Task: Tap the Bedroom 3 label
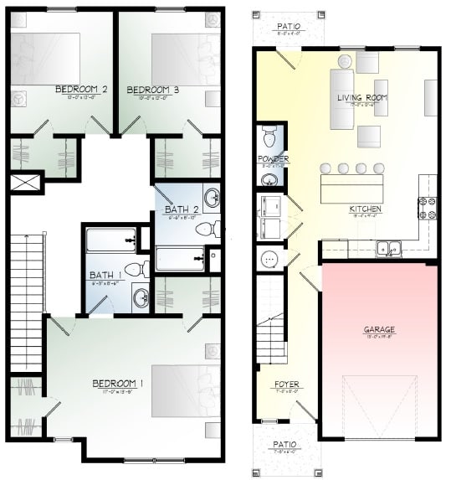click(153, 90)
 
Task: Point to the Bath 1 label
click(105, 276)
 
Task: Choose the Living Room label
click(361, 98)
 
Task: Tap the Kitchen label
click(365, 209)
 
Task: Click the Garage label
click(378, 330)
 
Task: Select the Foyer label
click(285, 385)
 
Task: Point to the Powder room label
click(273, 159)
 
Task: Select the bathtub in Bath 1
click(110, 240)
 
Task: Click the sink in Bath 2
click(212, 199)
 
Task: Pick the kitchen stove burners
click(428, 207)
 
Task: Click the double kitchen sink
click(387, 247)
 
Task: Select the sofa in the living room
click(341, 99)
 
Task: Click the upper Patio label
click(288, 27)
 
